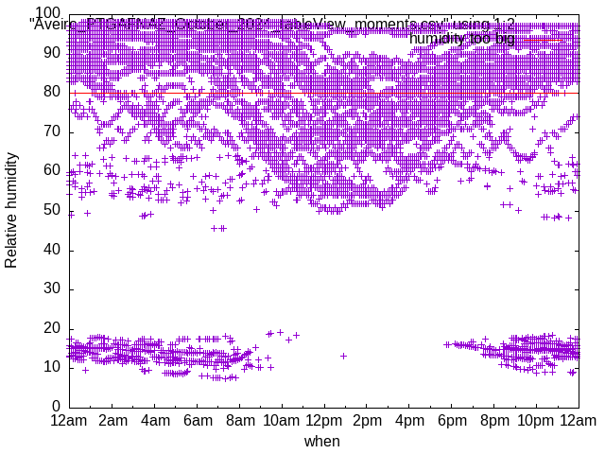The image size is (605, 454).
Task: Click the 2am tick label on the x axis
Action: (112, 420)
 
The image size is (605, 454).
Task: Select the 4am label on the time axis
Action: (155, 420)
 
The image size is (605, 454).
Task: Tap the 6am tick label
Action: (198, 420)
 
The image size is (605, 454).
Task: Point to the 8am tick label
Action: (240, 420)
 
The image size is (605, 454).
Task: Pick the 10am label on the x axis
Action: (282, 420)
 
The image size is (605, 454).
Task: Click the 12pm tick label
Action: (324, 420)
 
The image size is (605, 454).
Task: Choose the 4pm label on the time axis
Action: (409, 420)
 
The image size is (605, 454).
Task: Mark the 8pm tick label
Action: (494, 420)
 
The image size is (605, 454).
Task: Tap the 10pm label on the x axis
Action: (536, 420)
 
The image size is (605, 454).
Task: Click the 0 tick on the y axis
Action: (57, 406)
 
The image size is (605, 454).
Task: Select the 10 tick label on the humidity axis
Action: (53, 367)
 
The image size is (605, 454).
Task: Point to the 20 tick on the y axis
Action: (53, 327)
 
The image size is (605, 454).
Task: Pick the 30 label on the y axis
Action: (53, 288)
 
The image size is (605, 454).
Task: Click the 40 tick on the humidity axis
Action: (53, 250)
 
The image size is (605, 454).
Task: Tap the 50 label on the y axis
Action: (53, 210)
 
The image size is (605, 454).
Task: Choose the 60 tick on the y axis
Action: (53, 171)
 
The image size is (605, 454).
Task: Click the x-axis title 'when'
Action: (322, 441)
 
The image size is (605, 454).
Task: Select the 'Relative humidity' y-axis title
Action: (11, 210)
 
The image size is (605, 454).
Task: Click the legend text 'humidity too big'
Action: (462, 39)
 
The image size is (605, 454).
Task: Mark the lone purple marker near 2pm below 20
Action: (343, 356)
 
